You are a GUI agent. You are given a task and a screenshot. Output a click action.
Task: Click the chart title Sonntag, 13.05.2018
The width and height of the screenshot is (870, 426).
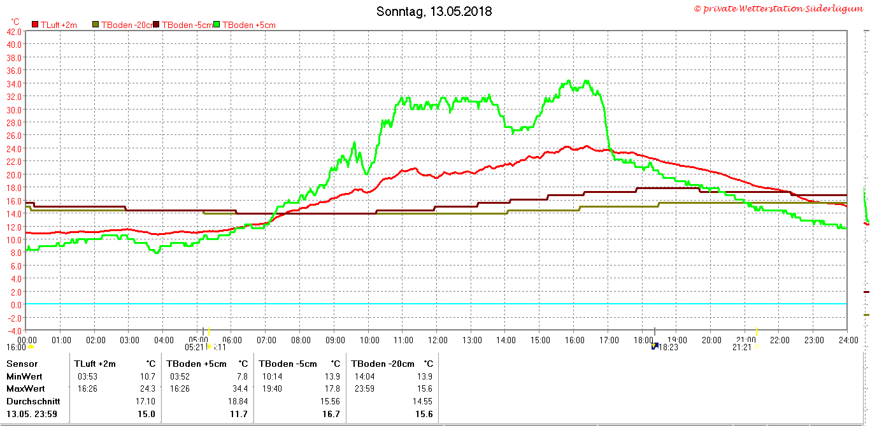click(434, 11)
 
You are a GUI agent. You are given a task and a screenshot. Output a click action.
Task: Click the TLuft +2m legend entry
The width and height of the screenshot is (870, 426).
click(59, 25)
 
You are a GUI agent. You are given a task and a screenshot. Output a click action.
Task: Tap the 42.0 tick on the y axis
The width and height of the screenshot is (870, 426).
click(14, 31)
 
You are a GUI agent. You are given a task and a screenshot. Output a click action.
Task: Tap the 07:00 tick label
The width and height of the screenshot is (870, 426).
click(266, 340)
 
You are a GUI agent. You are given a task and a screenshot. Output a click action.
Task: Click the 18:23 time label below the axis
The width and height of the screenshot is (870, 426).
click(668, 348)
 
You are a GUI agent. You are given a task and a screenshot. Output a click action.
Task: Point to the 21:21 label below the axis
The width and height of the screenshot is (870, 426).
click(742, 348)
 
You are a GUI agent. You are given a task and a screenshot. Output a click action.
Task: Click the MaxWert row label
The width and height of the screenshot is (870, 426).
click(25, 388)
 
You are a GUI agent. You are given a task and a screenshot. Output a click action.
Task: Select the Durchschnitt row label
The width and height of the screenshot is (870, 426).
click(33, 401)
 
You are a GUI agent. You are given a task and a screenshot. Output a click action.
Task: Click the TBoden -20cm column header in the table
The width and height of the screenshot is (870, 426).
click(383, 364)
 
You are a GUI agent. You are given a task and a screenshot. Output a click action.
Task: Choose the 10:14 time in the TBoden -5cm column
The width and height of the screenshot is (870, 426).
click(269, 376)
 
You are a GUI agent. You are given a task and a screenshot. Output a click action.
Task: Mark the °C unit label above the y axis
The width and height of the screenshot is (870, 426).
click(15, 22)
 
